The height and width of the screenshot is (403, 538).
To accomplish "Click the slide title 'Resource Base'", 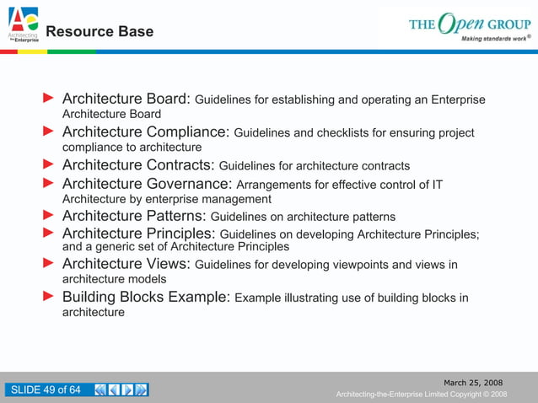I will coord(100,32).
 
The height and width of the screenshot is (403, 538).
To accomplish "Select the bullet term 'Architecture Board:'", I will coord(126,99).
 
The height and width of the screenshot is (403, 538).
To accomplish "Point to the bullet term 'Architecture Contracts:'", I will coord(138,165).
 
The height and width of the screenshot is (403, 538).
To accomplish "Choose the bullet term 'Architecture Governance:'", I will coord(148,184).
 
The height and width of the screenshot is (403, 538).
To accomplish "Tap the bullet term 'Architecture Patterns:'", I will coord(134,217).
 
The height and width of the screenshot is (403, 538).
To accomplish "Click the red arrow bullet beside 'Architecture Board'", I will coord(49,99).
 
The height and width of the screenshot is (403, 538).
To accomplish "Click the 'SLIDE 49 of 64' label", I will coord(45,390).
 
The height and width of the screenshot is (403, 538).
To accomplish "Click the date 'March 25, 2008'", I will coord(474,383).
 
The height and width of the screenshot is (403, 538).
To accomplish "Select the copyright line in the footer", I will coord(421,395).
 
